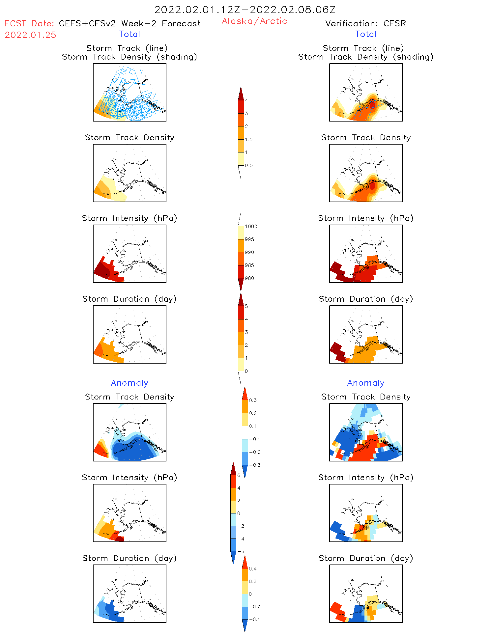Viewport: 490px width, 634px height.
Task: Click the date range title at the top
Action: coord(245,10)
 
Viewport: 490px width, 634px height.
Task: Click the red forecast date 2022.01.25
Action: coord(30,35)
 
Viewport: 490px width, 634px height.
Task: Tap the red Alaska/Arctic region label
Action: coord(254,21)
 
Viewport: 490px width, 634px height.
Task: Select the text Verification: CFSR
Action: coord(365,23)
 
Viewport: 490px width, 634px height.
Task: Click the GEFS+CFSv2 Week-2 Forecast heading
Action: coord(130,23)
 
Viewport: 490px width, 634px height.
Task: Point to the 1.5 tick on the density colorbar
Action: coord(249,139)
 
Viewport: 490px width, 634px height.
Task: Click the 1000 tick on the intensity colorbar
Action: coord(251,226)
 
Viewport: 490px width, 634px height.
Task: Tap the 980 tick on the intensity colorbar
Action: coord(249,278)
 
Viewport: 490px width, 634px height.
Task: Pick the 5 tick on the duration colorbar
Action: coord(246,306)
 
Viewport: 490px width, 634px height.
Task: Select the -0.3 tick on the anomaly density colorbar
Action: coord(254,465)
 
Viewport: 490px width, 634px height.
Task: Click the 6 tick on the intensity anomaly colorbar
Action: coord(239,475)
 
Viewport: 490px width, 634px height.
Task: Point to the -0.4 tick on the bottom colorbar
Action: coord(254,619)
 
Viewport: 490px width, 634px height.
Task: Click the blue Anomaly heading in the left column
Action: coord(130,383)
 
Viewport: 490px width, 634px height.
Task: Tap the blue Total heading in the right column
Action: coord(365,34)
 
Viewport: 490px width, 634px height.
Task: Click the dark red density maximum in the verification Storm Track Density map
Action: coord(372,185)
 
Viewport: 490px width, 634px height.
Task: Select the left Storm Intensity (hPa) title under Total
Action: coord(130,218)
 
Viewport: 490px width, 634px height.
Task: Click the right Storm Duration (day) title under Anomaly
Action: coord(366,558)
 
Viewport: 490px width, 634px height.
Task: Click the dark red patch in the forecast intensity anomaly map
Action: coord(120,539)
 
